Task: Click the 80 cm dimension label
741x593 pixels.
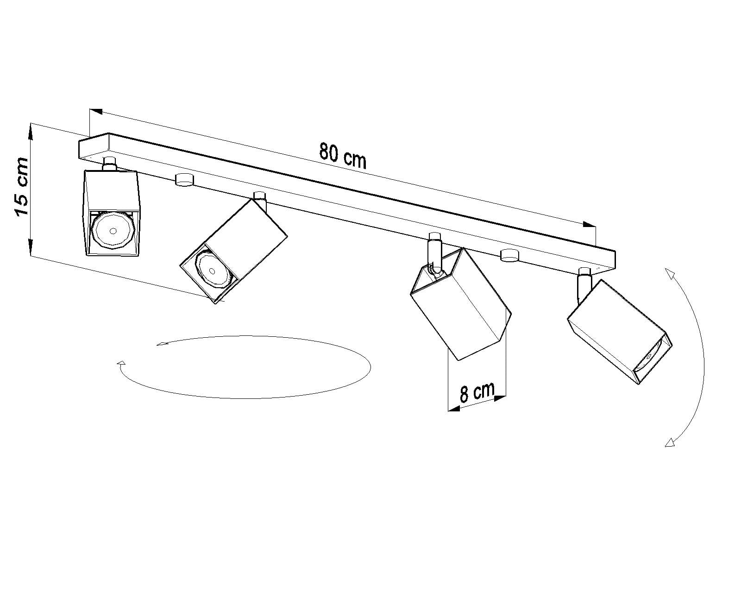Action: point(343,157)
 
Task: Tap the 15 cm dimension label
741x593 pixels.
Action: point(21,187)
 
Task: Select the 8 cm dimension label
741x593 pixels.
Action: point(477,391)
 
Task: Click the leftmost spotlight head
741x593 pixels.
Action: point(112,213)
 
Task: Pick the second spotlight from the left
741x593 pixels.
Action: point(233,252)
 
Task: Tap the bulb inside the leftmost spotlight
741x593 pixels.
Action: point(112,231)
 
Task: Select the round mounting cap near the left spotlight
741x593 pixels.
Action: point(184,179)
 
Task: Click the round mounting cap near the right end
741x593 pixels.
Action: point(509,255)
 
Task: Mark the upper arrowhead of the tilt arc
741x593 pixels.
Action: point(670,274)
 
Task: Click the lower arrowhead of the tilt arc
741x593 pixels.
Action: point(670,442)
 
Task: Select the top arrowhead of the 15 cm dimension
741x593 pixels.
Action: point(31,132)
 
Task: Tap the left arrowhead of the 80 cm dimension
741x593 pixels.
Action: point(96,111)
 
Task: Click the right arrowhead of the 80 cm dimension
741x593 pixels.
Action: point(590,224)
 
